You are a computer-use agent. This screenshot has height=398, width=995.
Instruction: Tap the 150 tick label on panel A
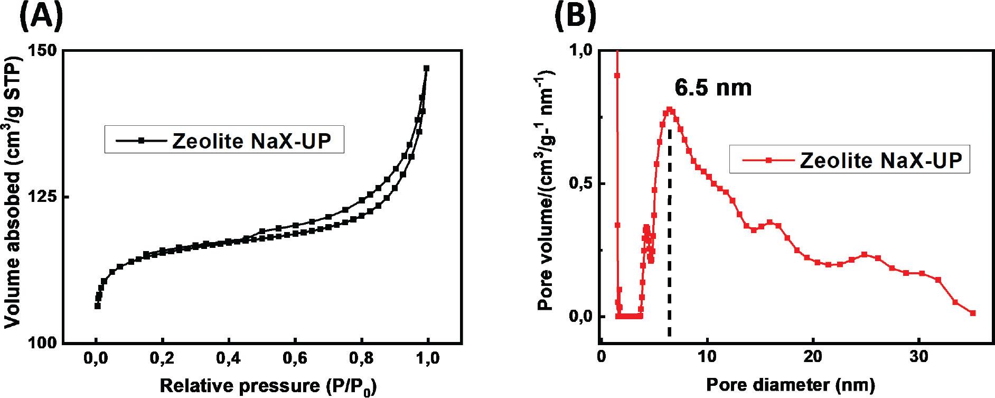(44, 51)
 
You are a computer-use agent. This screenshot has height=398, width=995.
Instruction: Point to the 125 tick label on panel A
(44, 197)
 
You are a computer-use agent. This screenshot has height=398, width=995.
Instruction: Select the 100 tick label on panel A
(44, 344)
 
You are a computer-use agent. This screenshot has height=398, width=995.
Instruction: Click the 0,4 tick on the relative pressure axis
(229, 359)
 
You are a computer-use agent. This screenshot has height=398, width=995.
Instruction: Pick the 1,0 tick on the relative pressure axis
(428, 359)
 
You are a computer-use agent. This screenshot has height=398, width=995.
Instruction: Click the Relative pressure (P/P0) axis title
(268, 386)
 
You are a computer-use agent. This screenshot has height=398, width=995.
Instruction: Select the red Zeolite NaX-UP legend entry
(850, 160)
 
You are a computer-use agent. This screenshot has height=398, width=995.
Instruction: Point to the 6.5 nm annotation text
(713, 88)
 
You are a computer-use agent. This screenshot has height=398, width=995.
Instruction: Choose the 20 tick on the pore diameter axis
(813, 356)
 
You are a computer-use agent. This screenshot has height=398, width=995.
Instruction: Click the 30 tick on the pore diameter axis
(919, 356)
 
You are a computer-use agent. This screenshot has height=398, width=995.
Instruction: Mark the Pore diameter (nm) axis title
(790, 385)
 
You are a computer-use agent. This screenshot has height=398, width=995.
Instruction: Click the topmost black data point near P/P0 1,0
(426, 68)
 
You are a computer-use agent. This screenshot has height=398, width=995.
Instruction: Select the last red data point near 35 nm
(973, 313)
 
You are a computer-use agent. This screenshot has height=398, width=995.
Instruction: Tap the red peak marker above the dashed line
(670, 110)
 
